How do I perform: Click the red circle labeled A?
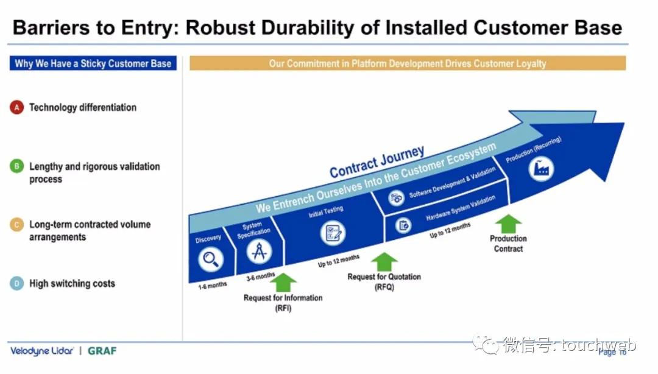[x=16, y=108]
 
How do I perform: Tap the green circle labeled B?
[x=16, y=166]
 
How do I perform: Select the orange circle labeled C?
[x=16, y=225]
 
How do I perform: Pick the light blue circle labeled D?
[x=16, y=283]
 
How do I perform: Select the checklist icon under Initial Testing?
[x=333, y=233]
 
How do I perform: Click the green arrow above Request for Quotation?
[x=384, y=262]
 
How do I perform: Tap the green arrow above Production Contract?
[x=508, y=224]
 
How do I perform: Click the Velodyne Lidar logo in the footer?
[x=42, y=351]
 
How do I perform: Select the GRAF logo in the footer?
[x=102, y=351]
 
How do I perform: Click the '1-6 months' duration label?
[x=213, y=285]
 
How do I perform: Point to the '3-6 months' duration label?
[x=260, y=277]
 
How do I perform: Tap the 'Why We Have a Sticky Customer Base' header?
[x=93, y=63]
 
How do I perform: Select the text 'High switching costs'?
[x=72, y=284]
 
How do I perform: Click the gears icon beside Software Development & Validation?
[x=397, y=197]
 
